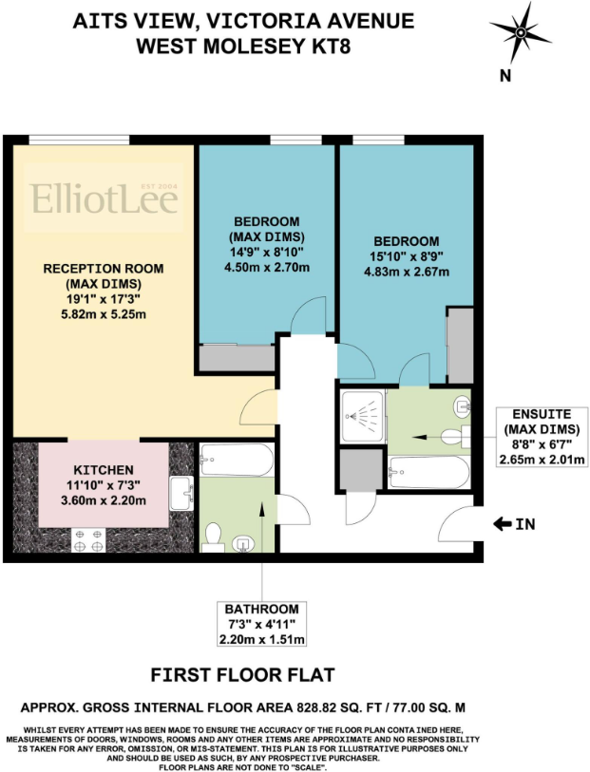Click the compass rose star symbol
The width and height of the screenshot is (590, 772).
(x=520, y=31)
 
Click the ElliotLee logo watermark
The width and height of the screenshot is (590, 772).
(x=92, y=198)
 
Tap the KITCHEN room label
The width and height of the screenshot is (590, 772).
(x=104, y=470)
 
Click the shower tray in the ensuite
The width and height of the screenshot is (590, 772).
(x=361, y=416)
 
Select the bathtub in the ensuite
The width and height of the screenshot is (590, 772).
(x=428, y=470)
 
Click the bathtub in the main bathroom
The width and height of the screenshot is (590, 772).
(x=237, y=461)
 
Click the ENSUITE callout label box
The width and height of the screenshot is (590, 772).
(x=540, y=437)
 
